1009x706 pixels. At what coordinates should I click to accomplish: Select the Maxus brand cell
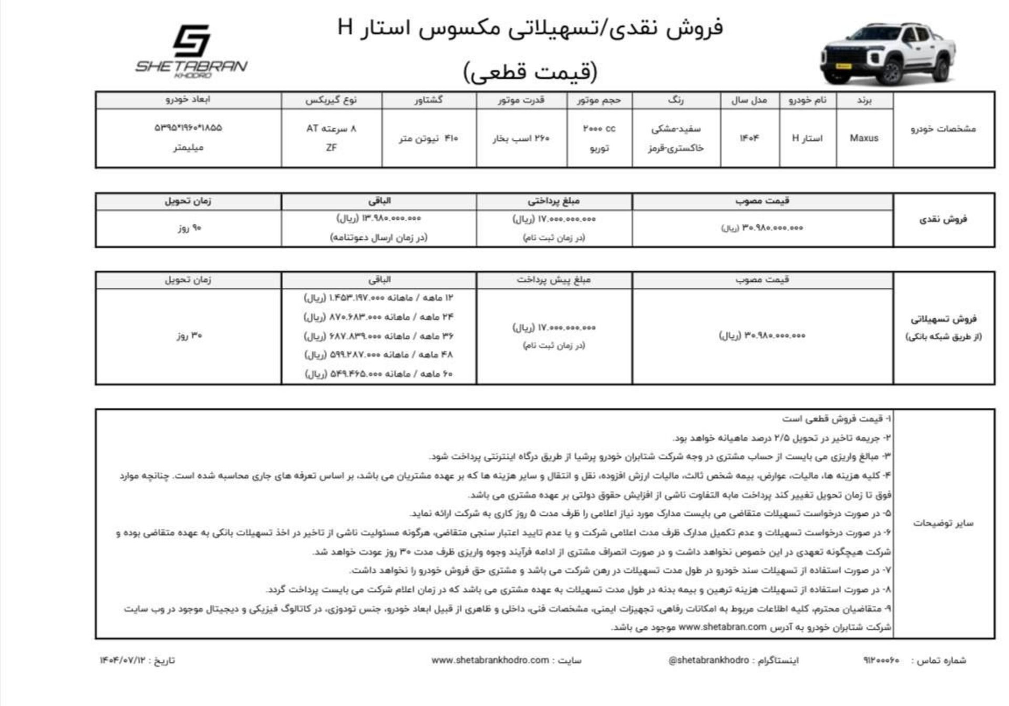click(x=864, y=138)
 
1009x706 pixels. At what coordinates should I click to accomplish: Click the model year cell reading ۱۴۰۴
click(x=749, y=138)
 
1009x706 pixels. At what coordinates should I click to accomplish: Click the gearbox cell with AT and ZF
click(x=331, y=138)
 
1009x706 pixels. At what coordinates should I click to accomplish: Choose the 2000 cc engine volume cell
click(x=599, y=138)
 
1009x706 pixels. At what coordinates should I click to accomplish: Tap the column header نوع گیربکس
click(x=331, y=100)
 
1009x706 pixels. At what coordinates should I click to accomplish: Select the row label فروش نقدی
click(x=943, y=220)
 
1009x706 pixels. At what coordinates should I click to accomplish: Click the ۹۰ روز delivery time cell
click(x=189, y=228)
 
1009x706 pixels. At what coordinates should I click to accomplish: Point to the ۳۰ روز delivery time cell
click(x=189, y=335)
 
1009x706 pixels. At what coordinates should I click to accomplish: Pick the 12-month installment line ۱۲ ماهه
click(x=378, y=298)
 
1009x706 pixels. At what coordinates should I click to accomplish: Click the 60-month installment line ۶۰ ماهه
click(x=378, y=374)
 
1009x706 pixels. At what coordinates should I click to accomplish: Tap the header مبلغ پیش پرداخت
click(x=553, y=280)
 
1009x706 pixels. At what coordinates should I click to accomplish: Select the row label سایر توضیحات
click(x=943, y=523)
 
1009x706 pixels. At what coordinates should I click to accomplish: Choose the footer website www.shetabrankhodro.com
click(x=490, y=660)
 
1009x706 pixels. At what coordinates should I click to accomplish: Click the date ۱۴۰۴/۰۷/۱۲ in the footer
click(x=122, y=660)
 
